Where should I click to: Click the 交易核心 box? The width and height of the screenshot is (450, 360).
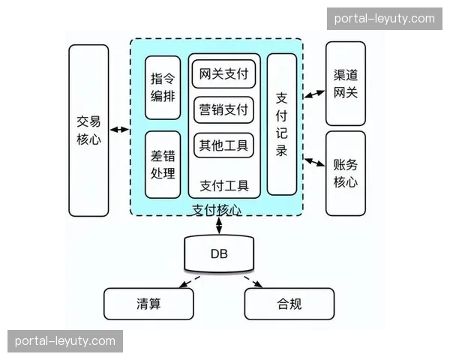(x=88, y=130)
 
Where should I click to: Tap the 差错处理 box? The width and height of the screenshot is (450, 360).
(x=163, y=164)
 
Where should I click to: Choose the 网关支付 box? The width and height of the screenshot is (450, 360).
(x=223, y=75)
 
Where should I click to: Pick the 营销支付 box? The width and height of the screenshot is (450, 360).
(x=223, y=110)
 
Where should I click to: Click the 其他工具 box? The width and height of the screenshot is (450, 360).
(x=223, y=145)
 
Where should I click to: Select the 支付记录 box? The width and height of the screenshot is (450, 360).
(x=282, y=124)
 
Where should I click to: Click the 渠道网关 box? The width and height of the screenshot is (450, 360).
(x=345, y=83)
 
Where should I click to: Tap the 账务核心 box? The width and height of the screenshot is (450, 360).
(x=345, y=172)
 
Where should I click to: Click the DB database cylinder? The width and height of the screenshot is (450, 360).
(x=219, y=254)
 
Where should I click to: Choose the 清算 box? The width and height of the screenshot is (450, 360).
(x=148, y=304)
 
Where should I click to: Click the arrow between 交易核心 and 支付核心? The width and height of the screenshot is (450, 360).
(x=118, y=131)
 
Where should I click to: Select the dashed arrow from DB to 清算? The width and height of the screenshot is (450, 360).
(x=186, y=282)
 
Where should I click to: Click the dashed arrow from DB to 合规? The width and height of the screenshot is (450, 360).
(x=253, y=282)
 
